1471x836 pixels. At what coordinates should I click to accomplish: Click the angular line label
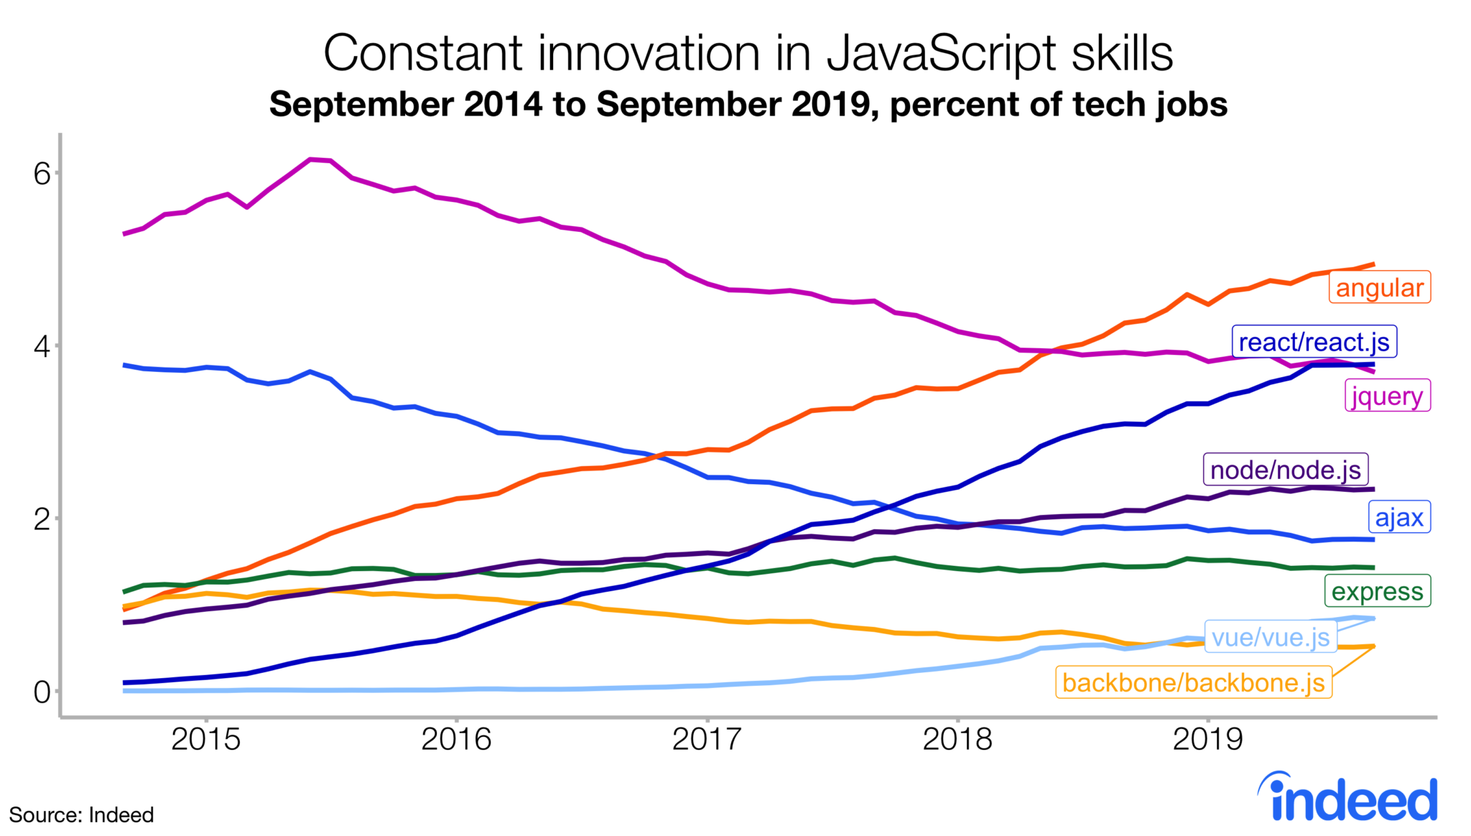point(1379,287)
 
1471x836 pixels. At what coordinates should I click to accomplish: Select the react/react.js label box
point(1314,342)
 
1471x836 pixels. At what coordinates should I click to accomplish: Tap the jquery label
point(1387,396)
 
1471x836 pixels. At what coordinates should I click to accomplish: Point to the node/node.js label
point(1285,470)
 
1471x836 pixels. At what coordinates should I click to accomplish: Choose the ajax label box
point(1398,517)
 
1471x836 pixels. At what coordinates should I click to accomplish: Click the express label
point(1377,591)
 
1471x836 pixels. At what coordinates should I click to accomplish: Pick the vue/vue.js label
point(1271,637)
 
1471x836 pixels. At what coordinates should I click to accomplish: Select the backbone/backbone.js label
point(1193,682)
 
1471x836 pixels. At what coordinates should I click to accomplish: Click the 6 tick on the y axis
point(42,173)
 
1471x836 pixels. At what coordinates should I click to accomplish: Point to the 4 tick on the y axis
point(42,346)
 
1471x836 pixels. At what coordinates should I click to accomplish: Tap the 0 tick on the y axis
point(42,692)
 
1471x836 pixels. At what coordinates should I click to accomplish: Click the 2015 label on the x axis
point(206,739)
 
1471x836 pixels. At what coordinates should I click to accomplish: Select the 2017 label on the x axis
point(707,739)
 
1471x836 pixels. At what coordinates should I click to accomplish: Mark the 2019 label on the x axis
point(1207,739)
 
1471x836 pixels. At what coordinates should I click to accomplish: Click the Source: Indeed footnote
point(81,815)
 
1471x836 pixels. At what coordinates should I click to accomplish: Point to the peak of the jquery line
point(310,159)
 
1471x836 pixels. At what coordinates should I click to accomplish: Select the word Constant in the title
point(422,54)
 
